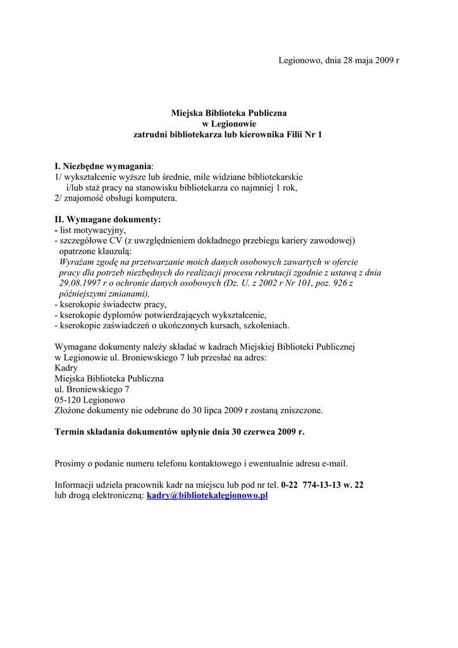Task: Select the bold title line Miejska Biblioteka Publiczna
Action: click(x=229, y=113)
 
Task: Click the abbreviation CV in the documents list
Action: click(x=117, y=240)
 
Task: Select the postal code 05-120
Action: click(x=68, y=400)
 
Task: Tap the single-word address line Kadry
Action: click(x=66, y=368)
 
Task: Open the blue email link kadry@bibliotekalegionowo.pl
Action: click(x=207, y=495)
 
